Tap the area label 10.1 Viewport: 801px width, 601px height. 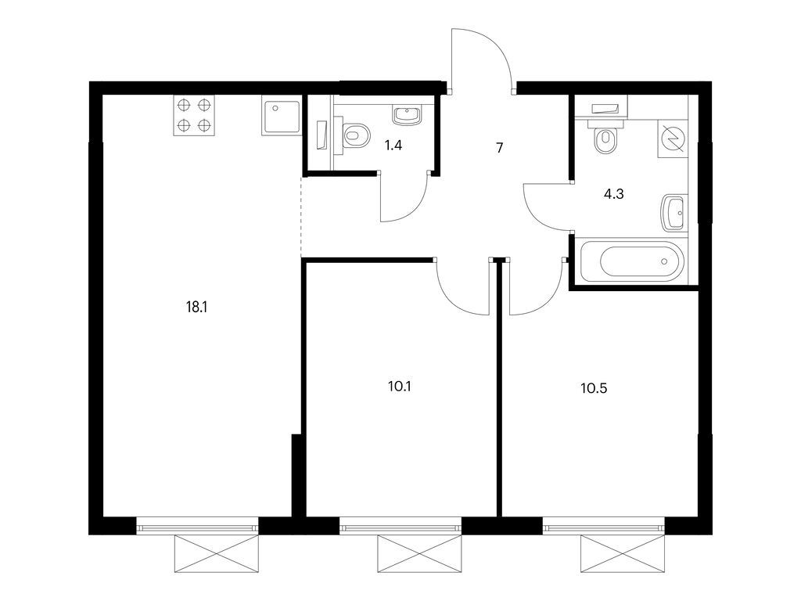[400, 384]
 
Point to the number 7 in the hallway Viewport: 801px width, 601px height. [498, 147]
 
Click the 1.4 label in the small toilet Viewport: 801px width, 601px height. [393, 146]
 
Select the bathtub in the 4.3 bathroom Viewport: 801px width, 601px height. [632, 261]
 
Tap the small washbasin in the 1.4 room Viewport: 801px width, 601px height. [406, 116]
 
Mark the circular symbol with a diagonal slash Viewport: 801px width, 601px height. [672, 139]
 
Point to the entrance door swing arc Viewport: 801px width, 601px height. [483, 55]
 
